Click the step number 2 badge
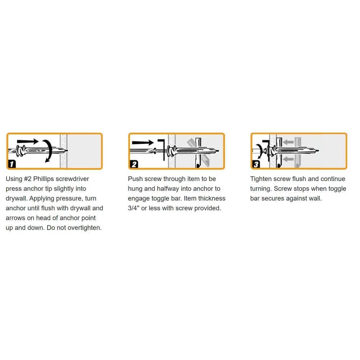pos(134,165)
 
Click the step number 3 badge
pos(256,165)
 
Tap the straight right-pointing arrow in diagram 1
pos(29,141)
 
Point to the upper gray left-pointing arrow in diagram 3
pos(288,142)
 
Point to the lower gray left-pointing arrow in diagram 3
pos(288,158)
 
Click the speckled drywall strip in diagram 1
pos(64,150)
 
